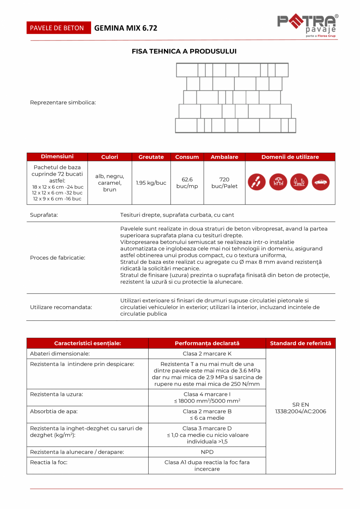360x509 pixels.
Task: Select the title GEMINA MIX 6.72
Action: (126, 28)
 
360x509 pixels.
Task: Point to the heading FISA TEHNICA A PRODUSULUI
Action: (184, 51)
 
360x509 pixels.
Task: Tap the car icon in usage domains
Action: (320, 182)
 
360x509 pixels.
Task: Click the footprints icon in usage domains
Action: (257, 182)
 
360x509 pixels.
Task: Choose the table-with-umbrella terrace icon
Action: (278, 182)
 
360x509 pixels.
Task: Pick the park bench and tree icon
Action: (299, 182)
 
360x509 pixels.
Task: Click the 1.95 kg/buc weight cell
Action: (151, 183)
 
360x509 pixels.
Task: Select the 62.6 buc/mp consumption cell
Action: (187, 183)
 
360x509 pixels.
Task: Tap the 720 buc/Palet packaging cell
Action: (225, 183)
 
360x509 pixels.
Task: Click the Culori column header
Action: (110, 157)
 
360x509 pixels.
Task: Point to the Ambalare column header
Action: (225, 157)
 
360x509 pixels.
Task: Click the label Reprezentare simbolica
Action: (63, 103)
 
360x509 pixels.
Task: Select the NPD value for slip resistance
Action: (207, 452)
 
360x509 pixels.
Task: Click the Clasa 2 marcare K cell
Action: (207, 354)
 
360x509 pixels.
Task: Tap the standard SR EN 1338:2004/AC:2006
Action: (301, 408)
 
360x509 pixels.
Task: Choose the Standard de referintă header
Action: (301, 343)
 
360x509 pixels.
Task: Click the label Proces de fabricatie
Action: (58, 258)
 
